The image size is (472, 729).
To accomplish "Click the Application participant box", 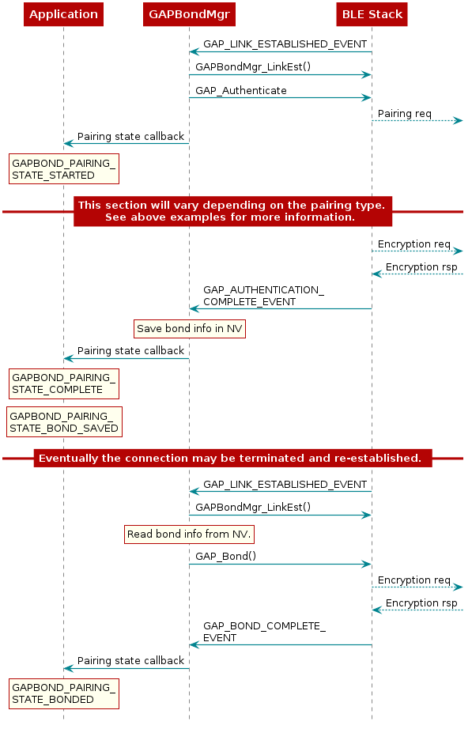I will tap(63, 14).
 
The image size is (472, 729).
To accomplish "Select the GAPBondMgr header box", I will tap(188, 14).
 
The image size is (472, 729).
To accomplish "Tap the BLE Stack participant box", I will tap(372, 14).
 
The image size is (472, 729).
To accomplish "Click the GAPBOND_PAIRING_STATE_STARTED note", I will tap(64, 169).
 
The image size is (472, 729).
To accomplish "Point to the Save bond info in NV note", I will tap(189, 328).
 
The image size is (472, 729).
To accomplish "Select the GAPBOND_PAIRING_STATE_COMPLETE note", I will tap(64, 383).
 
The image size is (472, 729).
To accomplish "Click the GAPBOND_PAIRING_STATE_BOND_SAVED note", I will tap(64, 422).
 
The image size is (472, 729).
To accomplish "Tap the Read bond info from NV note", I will tap(189, 534).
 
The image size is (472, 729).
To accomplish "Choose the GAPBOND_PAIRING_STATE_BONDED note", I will tap(64, 693).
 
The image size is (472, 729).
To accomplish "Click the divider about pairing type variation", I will tap(232, 211).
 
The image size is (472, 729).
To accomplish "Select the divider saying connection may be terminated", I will tap(232, 458).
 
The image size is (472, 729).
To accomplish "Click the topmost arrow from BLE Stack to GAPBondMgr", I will tap(280, 52).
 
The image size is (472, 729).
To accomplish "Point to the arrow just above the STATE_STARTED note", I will tap(126, 143).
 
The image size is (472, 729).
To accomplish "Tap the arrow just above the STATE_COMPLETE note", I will tap(126, 358).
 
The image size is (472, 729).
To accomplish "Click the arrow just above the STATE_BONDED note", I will tap(126, 668).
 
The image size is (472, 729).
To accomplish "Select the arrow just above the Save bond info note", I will tap(280, 308).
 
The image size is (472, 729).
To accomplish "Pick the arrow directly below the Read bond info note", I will tap(280, 564).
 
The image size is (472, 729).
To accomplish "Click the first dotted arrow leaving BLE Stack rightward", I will tap(417, 120).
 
